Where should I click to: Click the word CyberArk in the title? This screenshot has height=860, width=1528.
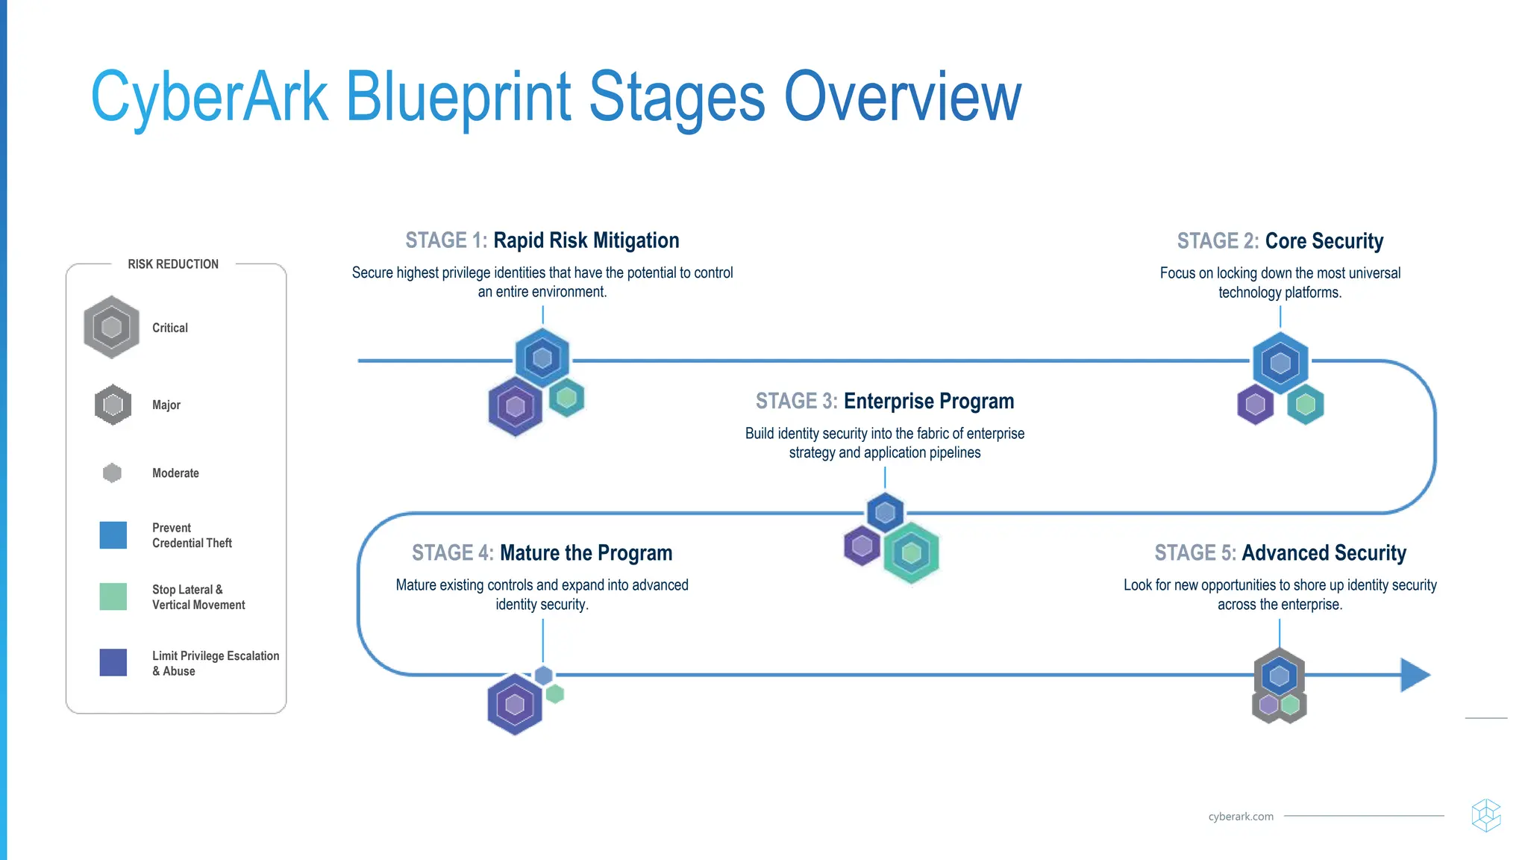tap(209, 97)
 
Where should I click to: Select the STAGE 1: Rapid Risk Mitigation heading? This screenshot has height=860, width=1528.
tap(542, 240)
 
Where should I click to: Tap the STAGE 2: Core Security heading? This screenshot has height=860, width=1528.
tap(1280, 241)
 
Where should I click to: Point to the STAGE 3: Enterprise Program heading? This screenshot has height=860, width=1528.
tap(885, 401)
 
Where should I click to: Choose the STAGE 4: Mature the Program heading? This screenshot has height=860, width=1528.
tap(542, 552)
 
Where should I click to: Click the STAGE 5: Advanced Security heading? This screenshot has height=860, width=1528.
tap(1280, 552)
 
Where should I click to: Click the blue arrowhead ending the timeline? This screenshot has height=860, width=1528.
tap(1414, 675)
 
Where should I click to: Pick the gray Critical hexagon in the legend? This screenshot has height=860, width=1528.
tap(111, 327)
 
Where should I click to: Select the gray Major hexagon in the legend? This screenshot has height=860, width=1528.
tap(113, 405)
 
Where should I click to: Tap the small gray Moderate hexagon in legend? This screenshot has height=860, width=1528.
tap(112, 473)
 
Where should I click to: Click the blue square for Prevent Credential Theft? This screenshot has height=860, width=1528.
tap(113, 535)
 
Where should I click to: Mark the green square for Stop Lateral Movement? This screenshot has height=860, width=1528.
tap(113, 596)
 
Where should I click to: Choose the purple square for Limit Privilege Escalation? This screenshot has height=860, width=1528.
tap(113, 662)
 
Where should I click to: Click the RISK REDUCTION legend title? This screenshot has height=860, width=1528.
tap(173, 264)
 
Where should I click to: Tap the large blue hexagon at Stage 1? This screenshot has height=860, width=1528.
tap(542, 358)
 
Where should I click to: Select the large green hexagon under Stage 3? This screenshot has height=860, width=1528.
tap(911, 553)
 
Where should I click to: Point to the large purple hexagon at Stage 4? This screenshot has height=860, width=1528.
tap(515, 704)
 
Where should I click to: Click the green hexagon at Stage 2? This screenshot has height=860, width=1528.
tap(1306, 405)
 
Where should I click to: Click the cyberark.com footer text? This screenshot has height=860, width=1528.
tap(1241, 817)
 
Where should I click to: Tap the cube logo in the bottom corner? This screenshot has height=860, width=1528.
tap(1485, 815)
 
